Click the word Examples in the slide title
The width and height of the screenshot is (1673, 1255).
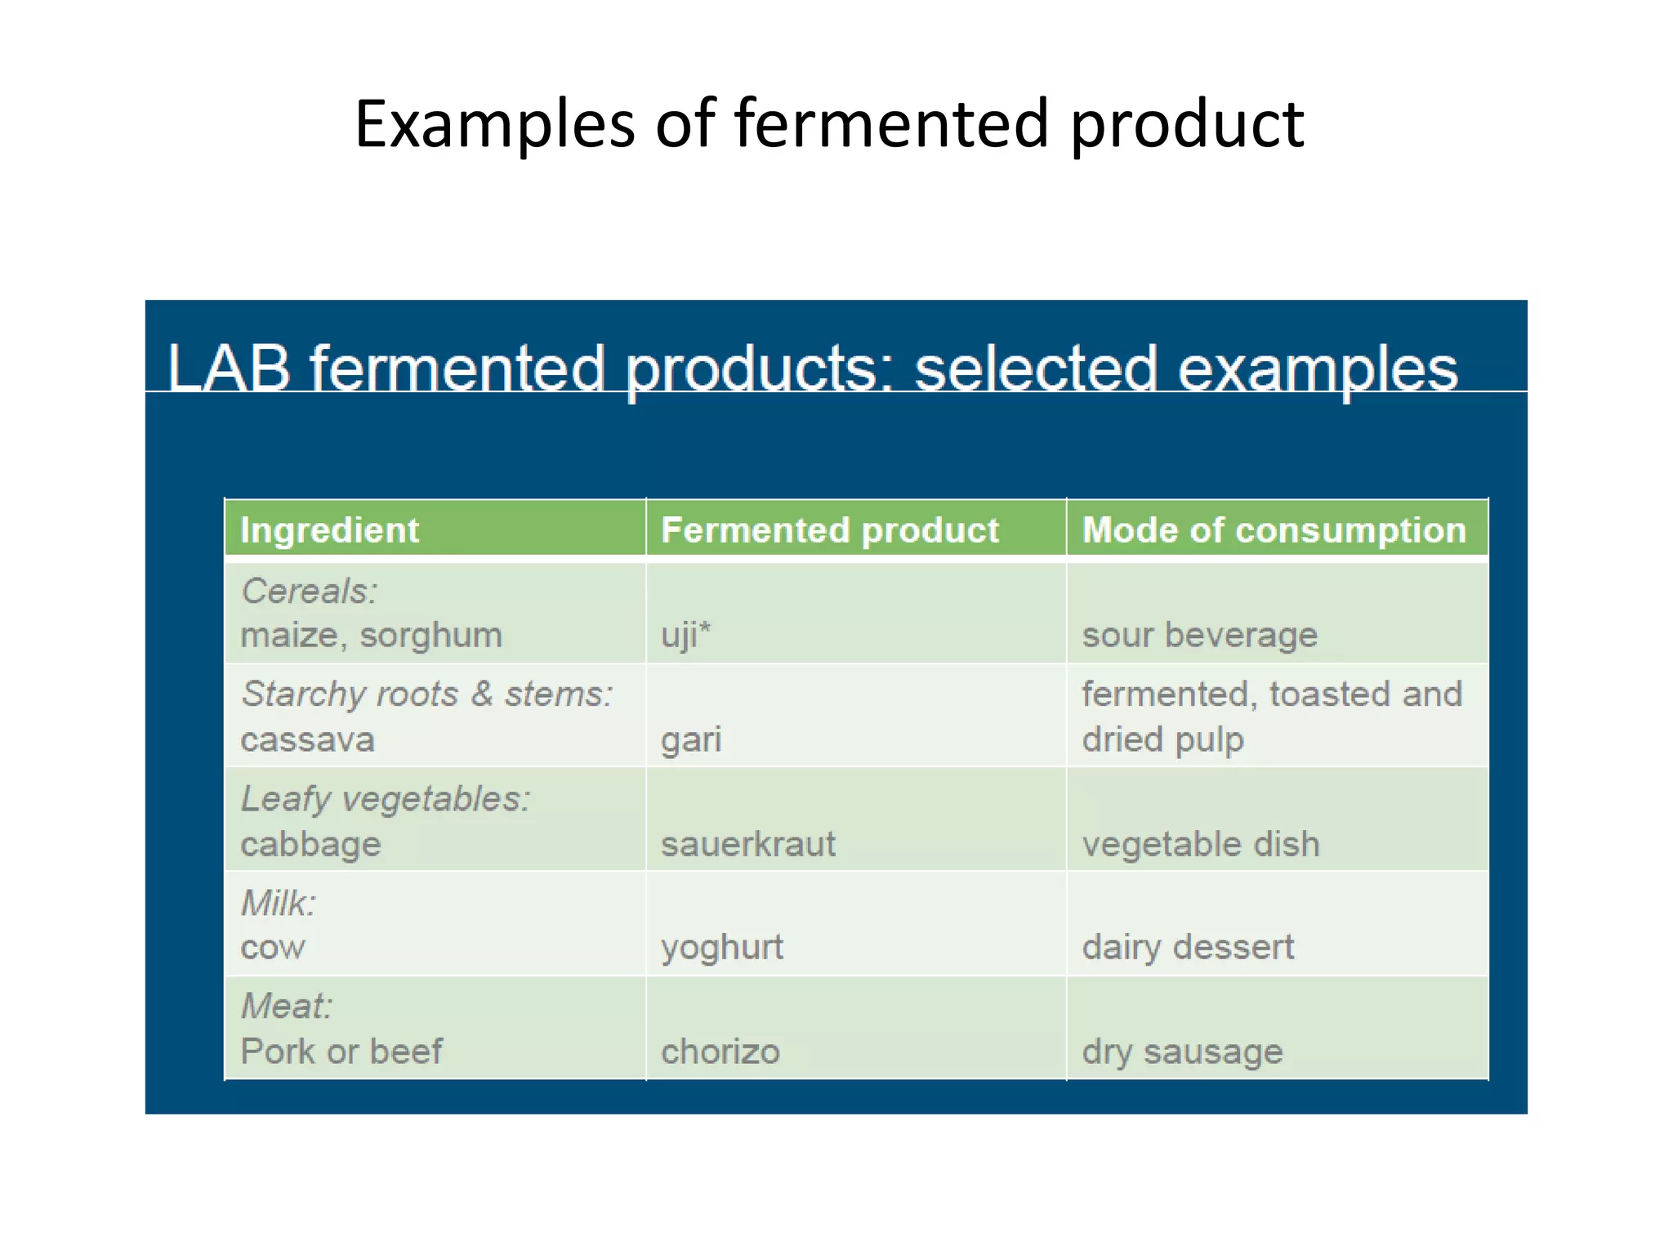[494, 125]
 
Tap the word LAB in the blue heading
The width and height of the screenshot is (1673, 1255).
[229, 368]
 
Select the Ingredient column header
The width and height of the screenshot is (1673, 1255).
[329, 530]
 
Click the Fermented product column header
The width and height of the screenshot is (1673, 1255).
[829, 530]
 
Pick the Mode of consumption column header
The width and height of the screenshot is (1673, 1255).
[1274, 530]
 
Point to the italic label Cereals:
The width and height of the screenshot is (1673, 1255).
[310, 591]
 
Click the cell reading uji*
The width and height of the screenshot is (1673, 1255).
[685, 635]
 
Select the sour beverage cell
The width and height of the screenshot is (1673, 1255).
[1199, 635]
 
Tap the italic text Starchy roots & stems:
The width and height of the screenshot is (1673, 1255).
[426, 694]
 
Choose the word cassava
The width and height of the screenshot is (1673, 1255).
[307, 739]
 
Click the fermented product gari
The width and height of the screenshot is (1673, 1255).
[691, 739]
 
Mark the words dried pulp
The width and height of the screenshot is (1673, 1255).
[1162, 739]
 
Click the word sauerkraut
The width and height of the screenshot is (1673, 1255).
[747, 844]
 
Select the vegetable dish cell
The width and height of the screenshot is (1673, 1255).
[1200, 844]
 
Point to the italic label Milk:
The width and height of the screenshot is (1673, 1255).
[279, 903]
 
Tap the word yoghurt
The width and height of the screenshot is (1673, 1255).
[721, 948]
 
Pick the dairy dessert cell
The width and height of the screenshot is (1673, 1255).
[1188, 948]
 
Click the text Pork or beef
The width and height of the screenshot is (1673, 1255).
[341, 1052]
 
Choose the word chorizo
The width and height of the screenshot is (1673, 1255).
[720, 1052]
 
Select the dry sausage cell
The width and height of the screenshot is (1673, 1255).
[1182, 1052]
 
